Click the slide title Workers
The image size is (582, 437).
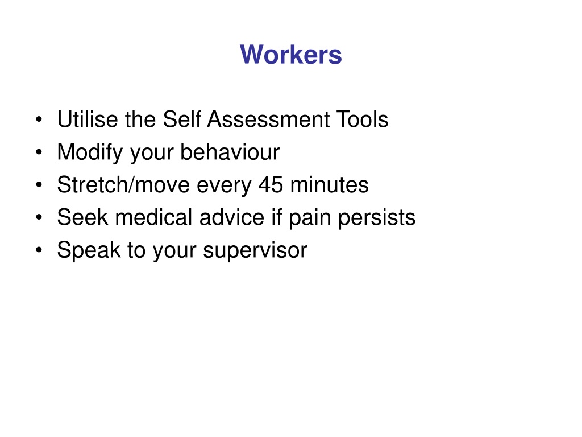(290, 55)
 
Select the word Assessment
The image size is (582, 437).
(268, 119)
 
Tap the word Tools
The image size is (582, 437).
(362, 119)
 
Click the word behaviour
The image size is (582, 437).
(230, 152)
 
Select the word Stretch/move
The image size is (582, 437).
(123, 185)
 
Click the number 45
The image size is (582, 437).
(271, 185)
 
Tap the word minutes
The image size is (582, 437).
(329, 185)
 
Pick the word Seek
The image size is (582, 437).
(82, 217)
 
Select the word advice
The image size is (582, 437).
(232, 217)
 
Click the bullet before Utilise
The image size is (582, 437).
(39, 119)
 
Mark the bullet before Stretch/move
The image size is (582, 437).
(39, 185)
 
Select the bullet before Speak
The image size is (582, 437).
(39, 250)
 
